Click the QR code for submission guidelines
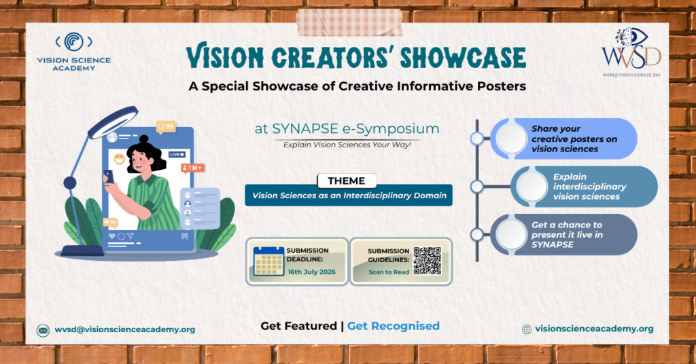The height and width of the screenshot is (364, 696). click(x=428, y=261)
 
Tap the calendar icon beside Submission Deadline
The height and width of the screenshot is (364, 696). click(x=268, y=261)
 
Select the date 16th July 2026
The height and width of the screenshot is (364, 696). click(x=311, y=272)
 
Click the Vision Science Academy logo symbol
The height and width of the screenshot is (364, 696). click(x=73, y=42)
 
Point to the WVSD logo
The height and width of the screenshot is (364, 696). click(x=631, y=52)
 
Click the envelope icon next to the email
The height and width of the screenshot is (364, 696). click(x=43, y=330)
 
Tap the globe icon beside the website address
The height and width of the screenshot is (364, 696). click(x=527, y=329)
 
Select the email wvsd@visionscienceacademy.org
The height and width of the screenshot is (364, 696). click(x=125, y=329)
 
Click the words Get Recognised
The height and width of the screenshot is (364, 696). click(x=394, y=326)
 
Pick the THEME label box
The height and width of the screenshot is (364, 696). click(x=347, y=181)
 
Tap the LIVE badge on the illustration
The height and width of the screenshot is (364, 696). click(x=177, y=154)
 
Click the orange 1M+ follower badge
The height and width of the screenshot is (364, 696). click(x=192, y=168)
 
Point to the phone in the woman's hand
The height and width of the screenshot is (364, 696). click(x=109, y=176)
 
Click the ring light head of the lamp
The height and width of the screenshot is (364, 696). click(x=113, y=122)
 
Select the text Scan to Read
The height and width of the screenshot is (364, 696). click(x=389, y=272)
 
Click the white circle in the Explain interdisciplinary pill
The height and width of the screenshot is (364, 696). click(x=532, y=186)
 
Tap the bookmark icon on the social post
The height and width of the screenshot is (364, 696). click(x=185, y=236)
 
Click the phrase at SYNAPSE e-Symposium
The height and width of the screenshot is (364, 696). click(x=347, y=128)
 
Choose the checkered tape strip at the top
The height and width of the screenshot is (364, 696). click(x=349, y=22)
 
